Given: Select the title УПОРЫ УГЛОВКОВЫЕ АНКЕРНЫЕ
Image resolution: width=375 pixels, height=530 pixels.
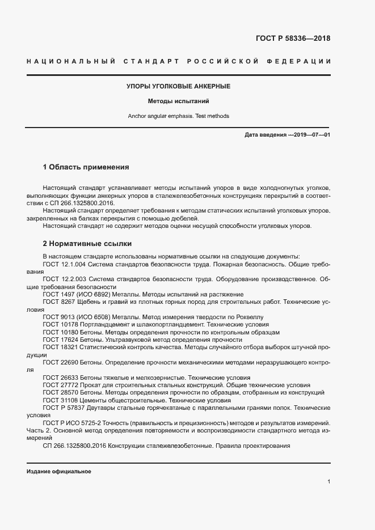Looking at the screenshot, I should coord(178,86).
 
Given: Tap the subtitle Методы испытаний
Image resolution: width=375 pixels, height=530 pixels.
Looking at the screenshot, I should coord(179,101).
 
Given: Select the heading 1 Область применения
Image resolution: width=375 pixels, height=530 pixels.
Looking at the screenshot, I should coord(86,167).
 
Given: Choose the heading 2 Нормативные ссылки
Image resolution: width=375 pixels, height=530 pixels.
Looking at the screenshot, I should coord(87,244).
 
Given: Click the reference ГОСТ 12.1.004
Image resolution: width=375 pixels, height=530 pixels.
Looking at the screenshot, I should coord(62,264).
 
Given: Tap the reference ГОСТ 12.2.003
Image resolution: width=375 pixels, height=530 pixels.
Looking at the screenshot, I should coord(62,279).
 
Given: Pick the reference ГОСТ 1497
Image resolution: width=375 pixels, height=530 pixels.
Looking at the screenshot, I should coord(57,295).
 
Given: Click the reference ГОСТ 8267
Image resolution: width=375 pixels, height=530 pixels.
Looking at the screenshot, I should coord(57,302).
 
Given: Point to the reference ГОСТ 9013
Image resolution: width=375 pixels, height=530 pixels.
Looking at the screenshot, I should coord(57,317).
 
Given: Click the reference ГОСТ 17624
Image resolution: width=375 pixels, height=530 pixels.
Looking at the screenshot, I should coord(58,340).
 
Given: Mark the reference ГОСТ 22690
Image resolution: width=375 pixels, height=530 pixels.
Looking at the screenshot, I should coord(58,362).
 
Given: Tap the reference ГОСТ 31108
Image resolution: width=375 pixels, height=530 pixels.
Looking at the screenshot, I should coord(58,400).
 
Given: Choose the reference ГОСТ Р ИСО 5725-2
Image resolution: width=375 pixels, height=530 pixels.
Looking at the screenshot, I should coord(73,423).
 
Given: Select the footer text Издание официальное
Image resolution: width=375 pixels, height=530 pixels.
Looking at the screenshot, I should coord(58,472).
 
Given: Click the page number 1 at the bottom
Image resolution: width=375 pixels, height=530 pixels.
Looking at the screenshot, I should coord(329,481).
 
